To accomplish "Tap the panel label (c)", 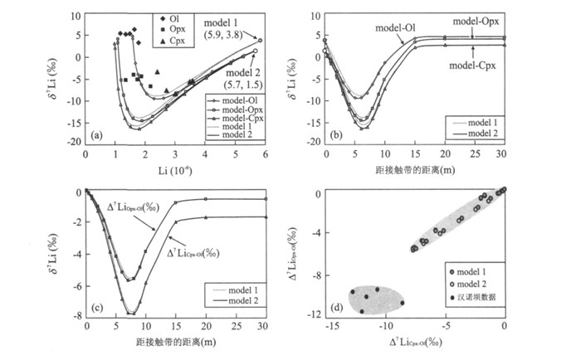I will pyautogui.click(x=96, y=309).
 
